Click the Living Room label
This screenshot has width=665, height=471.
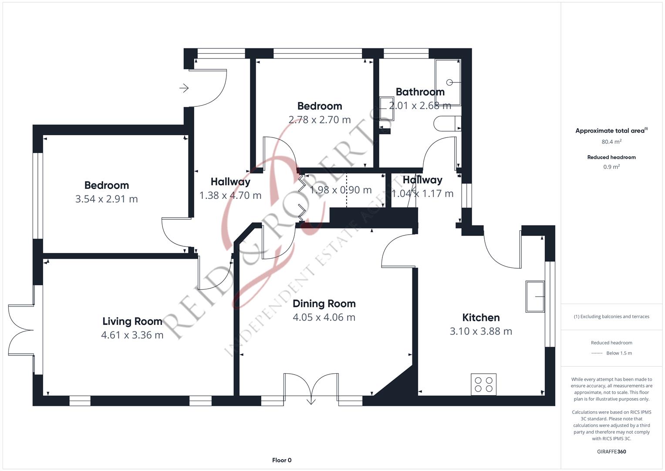[132, 321]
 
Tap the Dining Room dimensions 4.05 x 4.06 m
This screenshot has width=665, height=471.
[324, 317]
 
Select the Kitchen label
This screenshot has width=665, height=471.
[481, 317]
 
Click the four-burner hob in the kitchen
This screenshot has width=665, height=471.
[483, 385]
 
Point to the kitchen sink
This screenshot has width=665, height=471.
[535, 297]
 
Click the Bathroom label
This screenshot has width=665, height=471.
[420, 92]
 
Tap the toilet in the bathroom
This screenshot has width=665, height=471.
[447, 123]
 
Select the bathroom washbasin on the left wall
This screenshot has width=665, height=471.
[387, 109]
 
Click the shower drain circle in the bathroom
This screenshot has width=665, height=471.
[449, 82]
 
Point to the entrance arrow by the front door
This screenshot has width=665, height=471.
[184, 88]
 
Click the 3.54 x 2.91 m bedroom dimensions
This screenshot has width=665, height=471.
[107, 199]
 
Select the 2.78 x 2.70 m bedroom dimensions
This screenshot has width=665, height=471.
[320, 120]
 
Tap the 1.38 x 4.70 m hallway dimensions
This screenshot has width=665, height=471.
[230, 195]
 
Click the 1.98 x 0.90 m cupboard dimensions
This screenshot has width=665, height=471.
[341, 190]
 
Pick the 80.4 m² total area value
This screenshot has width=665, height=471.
[611, 142]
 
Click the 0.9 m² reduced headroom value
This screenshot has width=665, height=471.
[611, 167]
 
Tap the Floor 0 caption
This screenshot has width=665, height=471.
[282, 460]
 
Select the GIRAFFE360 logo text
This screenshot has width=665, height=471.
[611, 452]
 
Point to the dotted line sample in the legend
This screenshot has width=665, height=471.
[597, 353]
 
